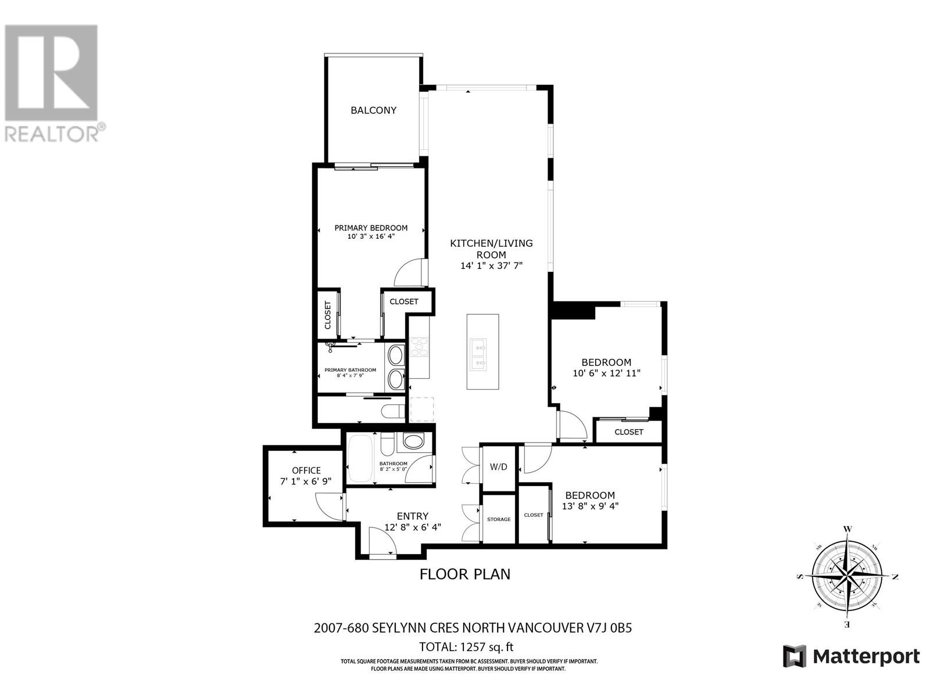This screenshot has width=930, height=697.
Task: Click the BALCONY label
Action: [373, 110]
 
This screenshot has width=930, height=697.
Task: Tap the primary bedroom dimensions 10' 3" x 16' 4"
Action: [371, 236]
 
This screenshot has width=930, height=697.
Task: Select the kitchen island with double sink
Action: [482, 352]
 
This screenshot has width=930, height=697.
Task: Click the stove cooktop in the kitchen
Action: [419, 347]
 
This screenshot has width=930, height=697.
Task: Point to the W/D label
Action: [498, 467]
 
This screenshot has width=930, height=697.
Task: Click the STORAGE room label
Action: [499, 519]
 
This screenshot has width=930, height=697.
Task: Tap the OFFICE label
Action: [306, 470]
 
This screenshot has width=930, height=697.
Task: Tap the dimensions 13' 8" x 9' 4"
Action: [590, 506]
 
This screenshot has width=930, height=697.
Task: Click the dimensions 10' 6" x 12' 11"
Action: [606, 373]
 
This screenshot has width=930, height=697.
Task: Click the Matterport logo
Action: [852, 656]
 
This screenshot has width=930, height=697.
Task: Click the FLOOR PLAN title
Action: [465, 574]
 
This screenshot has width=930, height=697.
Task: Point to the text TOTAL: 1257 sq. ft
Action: [466, 647]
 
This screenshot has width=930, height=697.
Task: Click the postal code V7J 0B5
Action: [608, 628]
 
